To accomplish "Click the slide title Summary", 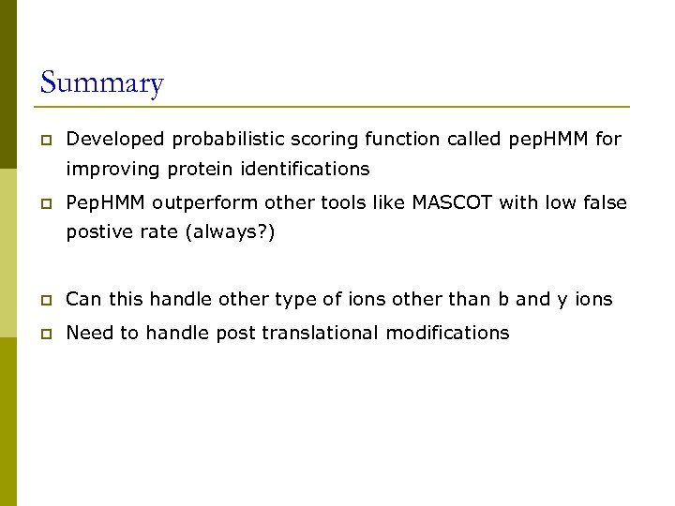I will (102, 83).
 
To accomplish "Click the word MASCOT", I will (452, 202).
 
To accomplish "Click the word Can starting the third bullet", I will (84, 300).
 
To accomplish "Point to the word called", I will (472, 139).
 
